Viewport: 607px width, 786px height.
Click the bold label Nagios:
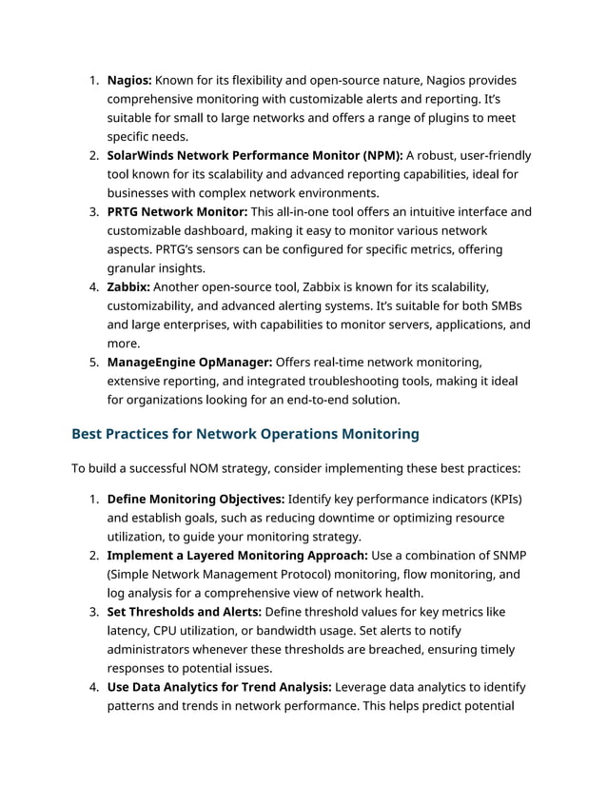coord(128,80)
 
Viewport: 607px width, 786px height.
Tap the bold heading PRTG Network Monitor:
coord(177,211)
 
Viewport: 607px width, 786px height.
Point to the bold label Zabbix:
coord(128,286)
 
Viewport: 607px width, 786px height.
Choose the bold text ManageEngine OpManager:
coord(189,362)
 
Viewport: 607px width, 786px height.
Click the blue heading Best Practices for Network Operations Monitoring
coord(245,435)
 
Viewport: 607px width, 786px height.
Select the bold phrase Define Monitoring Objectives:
coord(195,499)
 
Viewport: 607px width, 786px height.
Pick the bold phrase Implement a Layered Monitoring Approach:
coord(236,555)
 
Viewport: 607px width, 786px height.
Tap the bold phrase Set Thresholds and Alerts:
coord(184,611)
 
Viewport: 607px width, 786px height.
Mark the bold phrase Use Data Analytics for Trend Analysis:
coord(220,686)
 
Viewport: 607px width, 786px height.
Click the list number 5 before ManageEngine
coord(94,362)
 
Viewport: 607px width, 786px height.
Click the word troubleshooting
coord(352,381)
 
